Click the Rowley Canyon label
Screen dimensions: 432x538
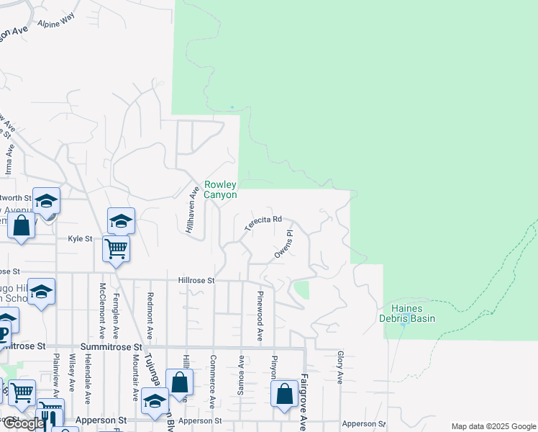(220, 189)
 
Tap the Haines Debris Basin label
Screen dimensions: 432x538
(408, 313)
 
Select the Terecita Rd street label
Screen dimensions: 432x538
(262, 224)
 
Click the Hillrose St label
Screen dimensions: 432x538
(197, 280)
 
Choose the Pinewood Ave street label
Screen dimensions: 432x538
(259, 316)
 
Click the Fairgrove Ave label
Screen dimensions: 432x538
(304, 402)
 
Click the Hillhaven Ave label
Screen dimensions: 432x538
(193, 209)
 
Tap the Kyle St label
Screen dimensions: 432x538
(80, 238)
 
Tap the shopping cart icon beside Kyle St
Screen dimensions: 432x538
(116, 248)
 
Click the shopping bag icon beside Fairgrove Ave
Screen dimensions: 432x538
(285, 393)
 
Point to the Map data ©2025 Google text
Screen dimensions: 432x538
(493, 426)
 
